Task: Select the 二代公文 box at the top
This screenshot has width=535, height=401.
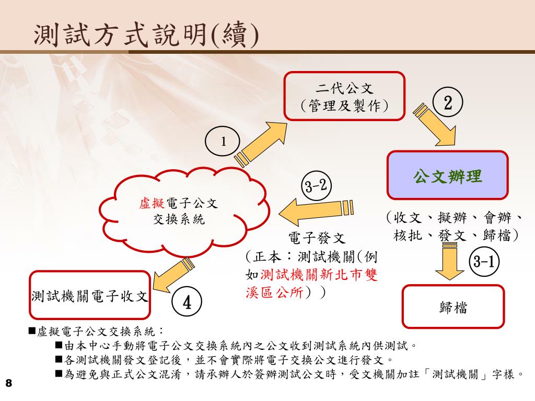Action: pos(344,96)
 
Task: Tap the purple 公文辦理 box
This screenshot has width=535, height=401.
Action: pos(447,175)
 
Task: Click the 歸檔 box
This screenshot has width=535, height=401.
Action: pos(453,306)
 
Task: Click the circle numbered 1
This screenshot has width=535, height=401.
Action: pos(223,141)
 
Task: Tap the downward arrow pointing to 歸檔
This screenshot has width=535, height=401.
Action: pos(447,262)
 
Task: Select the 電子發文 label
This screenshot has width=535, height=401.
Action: pos(317,239)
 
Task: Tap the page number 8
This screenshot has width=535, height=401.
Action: pos(8,384)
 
